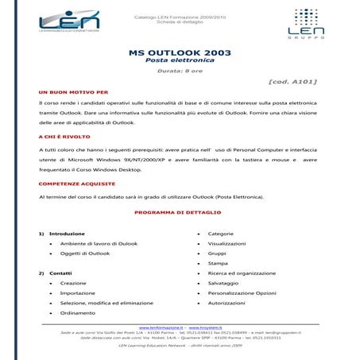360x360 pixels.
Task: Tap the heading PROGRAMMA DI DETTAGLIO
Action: tap(180, 213)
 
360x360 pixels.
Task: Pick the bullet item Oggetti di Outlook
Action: tap(84, 253)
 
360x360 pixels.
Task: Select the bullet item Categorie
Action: tap(221, 234)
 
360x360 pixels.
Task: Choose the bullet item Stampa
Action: tap(218, 263)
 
